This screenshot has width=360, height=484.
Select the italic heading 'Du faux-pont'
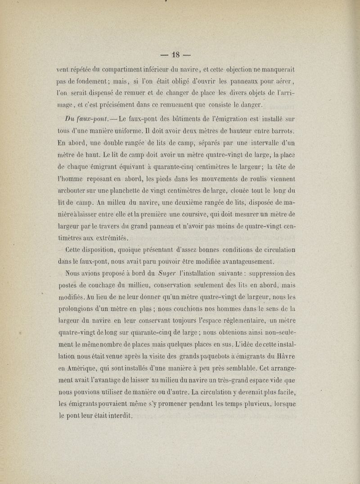(x=84, y=119)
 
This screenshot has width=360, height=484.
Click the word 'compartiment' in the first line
(x=126, y=70)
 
